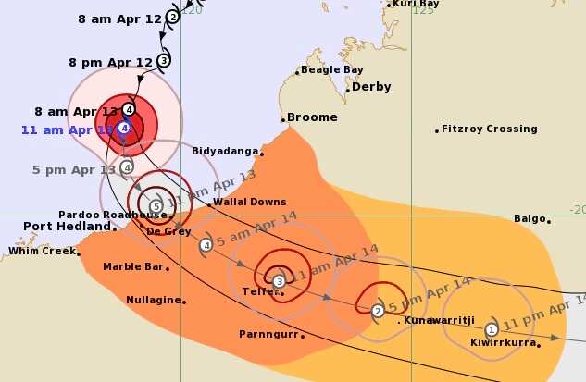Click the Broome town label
[312, 117]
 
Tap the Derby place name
[371, 87]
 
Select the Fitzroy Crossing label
[489, 129]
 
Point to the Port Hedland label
[63, 226]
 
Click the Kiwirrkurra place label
[505, 342]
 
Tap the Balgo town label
[530, 219]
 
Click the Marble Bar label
[132, 267]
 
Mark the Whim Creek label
[40, 251]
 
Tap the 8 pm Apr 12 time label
[110, 62]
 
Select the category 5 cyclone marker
[156, 205]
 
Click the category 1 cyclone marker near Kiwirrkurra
[492, 328]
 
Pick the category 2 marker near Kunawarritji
[378, 311]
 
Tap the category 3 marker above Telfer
[279, 280]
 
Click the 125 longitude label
[424, 10]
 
